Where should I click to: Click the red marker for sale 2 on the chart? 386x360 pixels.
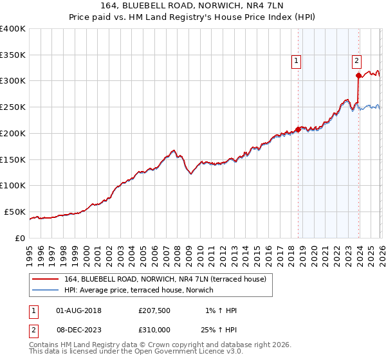(x=358, y=76)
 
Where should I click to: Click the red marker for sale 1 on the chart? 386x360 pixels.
(x=298, y=129)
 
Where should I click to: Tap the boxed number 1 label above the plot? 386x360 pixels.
(x=297, y=62)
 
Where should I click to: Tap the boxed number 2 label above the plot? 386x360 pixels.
(x=356, y=62)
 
